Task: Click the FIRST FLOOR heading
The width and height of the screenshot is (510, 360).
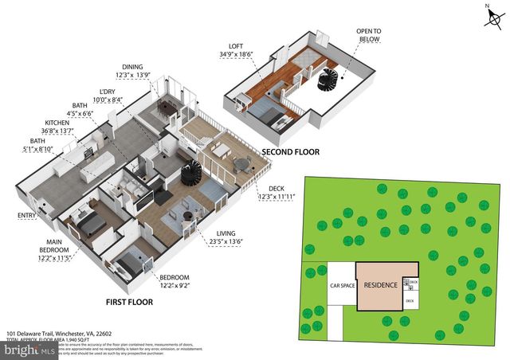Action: point(129,303)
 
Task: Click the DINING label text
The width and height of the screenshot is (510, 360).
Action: point(131,66)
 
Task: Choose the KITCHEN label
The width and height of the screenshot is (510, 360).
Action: point(53,123)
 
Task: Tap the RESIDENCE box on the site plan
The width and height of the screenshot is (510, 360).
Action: point(379,284)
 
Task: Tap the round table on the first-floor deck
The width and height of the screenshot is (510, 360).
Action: point(241,163)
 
